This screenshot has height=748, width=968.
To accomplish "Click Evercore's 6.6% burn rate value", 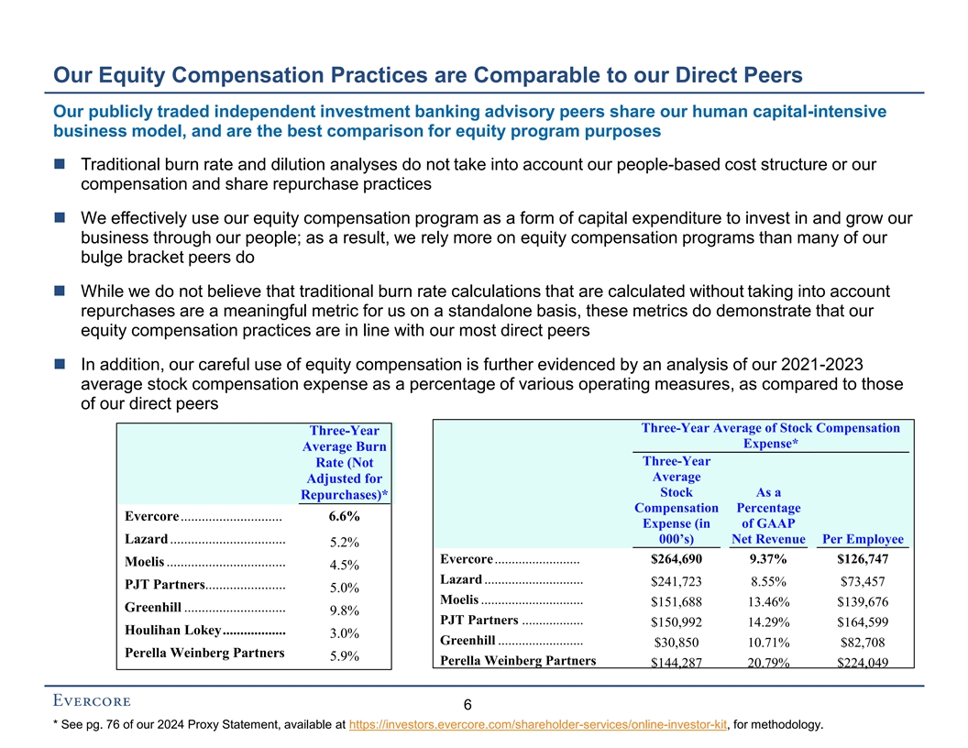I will [x=344, y=517].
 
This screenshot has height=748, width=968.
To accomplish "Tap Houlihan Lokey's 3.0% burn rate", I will [x=344, y=633].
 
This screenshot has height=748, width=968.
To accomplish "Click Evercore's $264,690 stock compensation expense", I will [x=676, y=559].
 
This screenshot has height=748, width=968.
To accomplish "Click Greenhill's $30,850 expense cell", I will [x=676, y=643].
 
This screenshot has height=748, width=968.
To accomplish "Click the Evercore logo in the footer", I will [x=91, y=702].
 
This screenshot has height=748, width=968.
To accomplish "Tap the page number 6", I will [x=467, y=706].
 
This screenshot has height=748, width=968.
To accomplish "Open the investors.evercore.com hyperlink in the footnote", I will [x=539, y=725].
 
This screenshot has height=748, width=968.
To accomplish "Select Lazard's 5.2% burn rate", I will [x=344, y=541].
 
